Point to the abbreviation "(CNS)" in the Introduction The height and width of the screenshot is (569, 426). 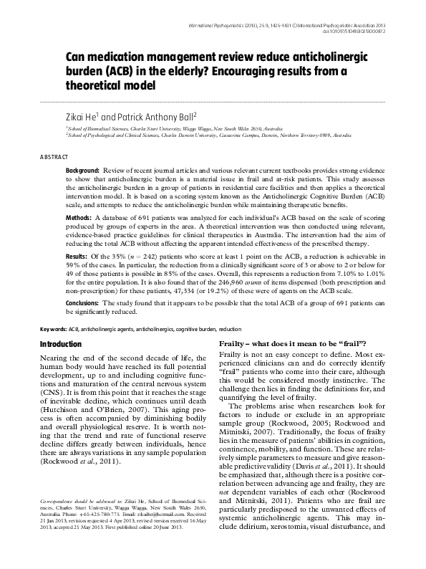[x=51, y=390]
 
